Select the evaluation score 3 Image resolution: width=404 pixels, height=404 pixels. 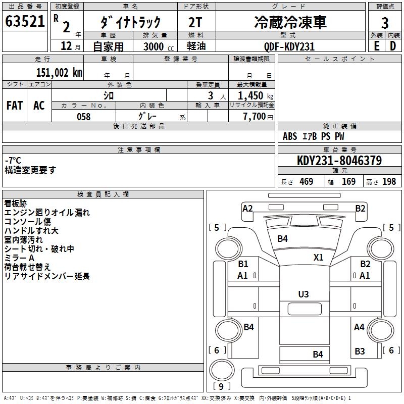[x=385, y=23]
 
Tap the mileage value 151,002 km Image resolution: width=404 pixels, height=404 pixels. [x=60, y=72]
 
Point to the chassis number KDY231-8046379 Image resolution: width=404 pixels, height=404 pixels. [x=339, y=161]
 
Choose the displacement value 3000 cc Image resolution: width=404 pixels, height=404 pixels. [x=158, y=46]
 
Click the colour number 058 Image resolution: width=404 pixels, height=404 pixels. [x=83, y=117]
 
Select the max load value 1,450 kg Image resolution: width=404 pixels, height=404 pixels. [x=251, y=95]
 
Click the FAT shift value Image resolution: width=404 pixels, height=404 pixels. [x=15, y=105]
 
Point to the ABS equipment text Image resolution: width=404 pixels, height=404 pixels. [x=290, y=136]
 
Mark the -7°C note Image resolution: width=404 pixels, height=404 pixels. [x=13, y=160]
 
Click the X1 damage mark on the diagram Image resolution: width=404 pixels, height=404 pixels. [x=318, y=257]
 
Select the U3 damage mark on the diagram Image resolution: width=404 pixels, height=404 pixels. [x=304, y=294]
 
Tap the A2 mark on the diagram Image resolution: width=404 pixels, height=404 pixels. [x=247, y=208]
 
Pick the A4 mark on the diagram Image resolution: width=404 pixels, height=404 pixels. [x=359, y=327]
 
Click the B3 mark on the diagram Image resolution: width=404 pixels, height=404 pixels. [x=360, y=351]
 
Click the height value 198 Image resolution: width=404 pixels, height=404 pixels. [x=389, y=182]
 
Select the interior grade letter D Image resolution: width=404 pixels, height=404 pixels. [x=392, y=45]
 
